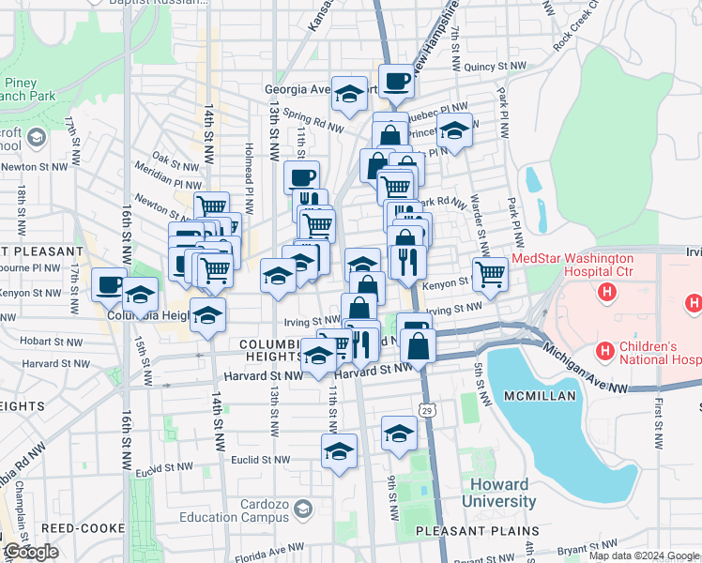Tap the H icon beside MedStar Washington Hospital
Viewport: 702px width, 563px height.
pos(607,293)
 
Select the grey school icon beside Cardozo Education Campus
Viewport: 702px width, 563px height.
pos(302,509)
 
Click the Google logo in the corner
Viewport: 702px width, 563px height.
pos(31,553)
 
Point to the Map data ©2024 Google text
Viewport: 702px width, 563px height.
pos(643,555)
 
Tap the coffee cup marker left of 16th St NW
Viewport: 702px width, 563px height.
pos(110,282)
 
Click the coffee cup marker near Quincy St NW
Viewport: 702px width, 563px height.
pos(396,82)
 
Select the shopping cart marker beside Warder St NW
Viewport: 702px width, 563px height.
pos(490,274)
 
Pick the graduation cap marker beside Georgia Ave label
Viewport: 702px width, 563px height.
pos(349,94)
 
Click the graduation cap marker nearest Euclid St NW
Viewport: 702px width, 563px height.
pos(339,451)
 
